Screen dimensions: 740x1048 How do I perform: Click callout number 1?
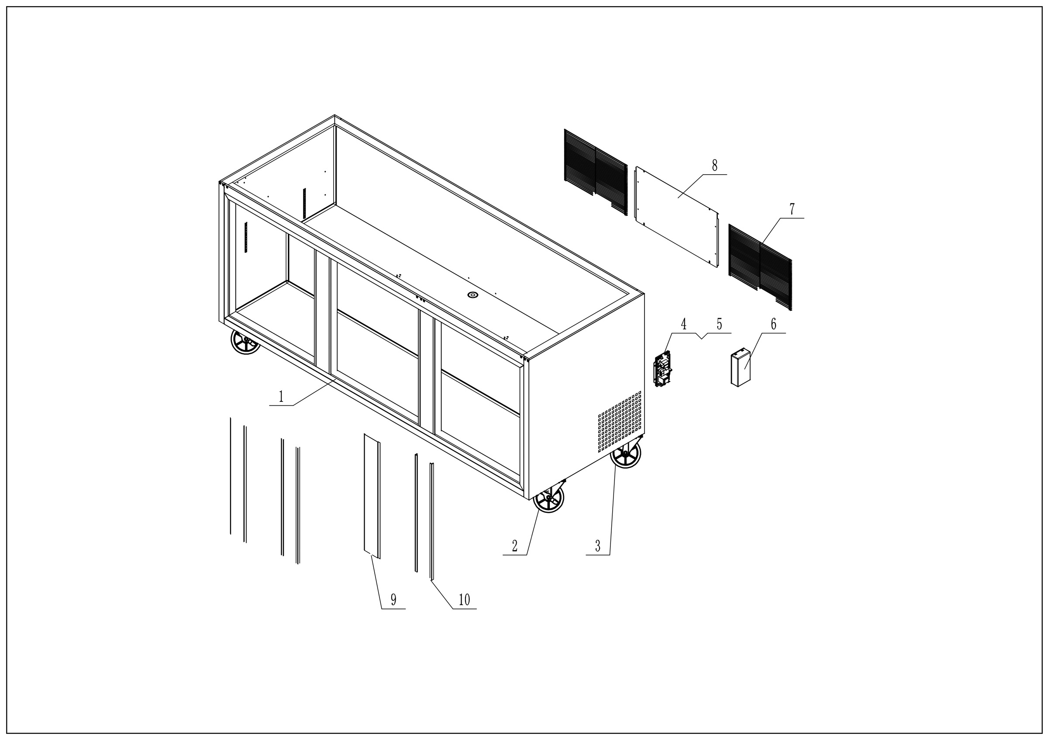coord(281,396)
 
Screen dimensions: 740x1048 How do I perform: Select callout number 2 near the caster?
coord(514,546)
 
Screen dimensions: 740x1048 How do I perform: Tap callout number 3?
coord(597,546)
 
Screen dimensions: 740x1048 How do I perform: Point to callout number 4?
coord(684,325)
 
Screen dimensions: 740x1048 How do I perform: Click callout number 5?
coord(719,325)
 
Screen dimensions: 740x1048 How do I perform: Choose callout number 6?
coord(773,325)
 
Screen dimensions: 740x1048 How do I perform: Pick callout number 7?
coord(792,210)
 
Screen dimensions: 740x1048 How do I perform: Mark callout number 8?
coord(714,165)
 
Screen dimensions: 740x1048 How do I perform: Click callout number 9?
coord(393,600)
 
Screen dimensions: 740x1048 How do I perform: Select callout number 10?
coord(464,600)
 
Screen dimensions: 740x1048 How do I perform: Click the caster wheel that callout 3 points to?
coord(627,453)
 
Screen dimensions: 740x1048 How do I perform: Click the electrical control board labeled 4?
coord(663,369)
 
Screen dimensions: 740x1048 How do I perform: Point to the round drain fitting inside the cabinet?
coord(472,295)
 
